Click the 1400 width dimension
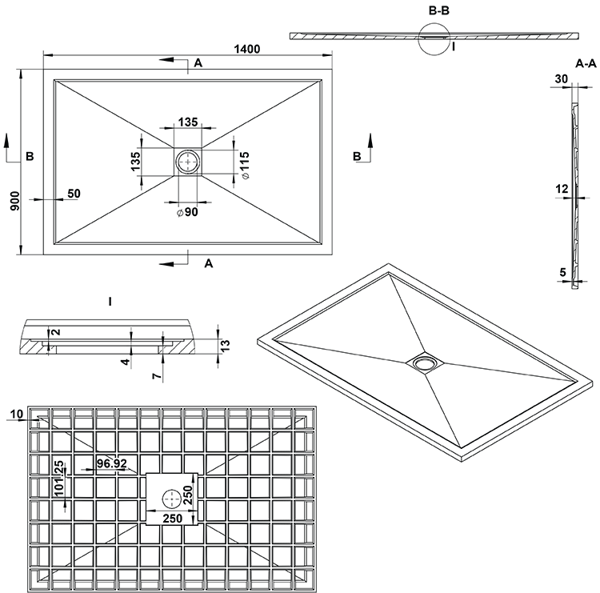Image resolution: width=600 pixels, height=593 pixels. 247,49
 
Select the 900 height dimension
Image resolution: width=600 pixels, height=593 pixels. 14,201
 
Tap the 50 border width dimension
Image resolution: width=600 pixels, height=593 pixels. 74,194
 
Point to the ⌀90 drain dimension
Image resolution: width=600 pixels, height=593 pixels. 187,212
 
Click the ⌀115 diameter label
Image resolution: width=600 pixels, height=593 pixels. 245,165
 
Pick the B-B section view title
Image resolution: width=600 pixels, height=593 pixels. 439,10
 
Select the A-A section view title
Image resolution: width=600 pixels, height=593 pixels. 586,63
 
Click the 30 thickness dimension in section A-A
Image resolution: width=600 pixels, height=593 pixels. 562,79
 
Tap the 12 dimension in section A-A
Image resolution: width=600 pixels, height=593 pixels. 562,189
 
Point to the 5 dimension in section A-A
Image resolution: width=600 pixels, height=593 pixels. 562,273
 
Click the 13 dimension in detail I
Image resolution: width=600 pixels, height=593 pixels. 226,345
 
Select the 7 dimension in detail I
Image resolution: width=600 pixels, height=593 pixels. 157,376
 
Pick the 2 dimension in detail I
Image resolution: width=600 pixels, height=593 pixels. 56,331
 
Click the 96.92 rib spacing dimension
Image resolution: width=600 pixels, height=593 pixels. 111,463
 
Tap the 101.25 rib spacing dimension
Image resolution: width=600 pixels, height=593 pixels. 59,478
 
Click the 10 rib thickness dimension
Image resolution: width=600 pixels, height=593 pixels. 17,414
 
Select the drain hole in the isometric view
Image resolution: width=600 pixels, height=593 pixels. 424,363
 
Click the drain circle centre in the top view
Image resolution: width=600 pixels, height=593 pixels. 187,162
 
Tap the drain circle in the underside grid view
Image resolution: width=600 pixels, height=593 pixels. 172,499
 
